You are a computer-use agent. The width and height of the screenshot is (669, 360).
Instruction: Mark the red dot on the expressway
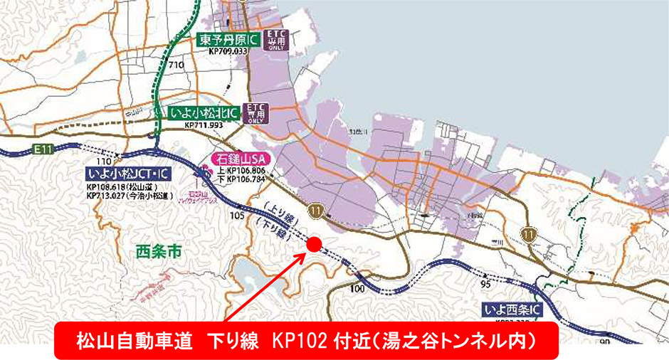[x=314, y=244]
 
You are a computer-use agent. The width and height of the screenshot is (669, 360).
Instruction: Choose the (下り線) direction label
[x=272, y=227]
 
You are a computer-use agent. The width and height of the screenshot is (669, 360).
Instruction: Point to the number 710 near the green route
[x=177, y=65]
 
